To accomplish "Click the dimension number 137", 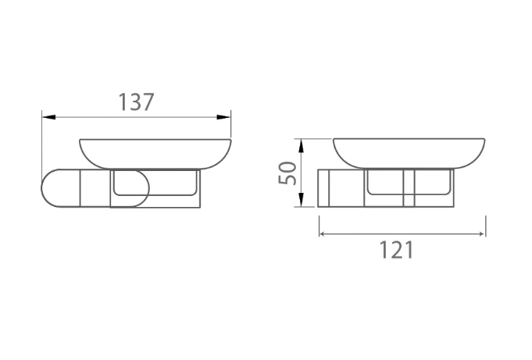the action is pyautogui.click(x=136, y=102).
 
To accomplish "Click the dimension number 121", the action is pyautogui.click(x=396, y=250).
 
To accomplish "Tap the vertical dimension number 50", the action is pyautogui.click(x=287, y=173).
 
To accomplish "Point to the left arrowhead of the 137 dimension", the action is pyautogui.click(x=48, y=117).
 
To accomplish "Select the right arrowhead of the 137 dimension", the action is pyautogui.click(x=224, y=117).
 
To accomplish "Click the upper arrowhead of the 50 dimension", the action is pyautogui.click(x=301, y=145).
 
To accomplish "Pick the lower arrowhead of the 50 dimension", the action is pyautogui.click(x=301, y=199).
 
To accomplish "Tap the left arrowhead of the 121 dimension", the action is pyautogui.click(x=323, y=233).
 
